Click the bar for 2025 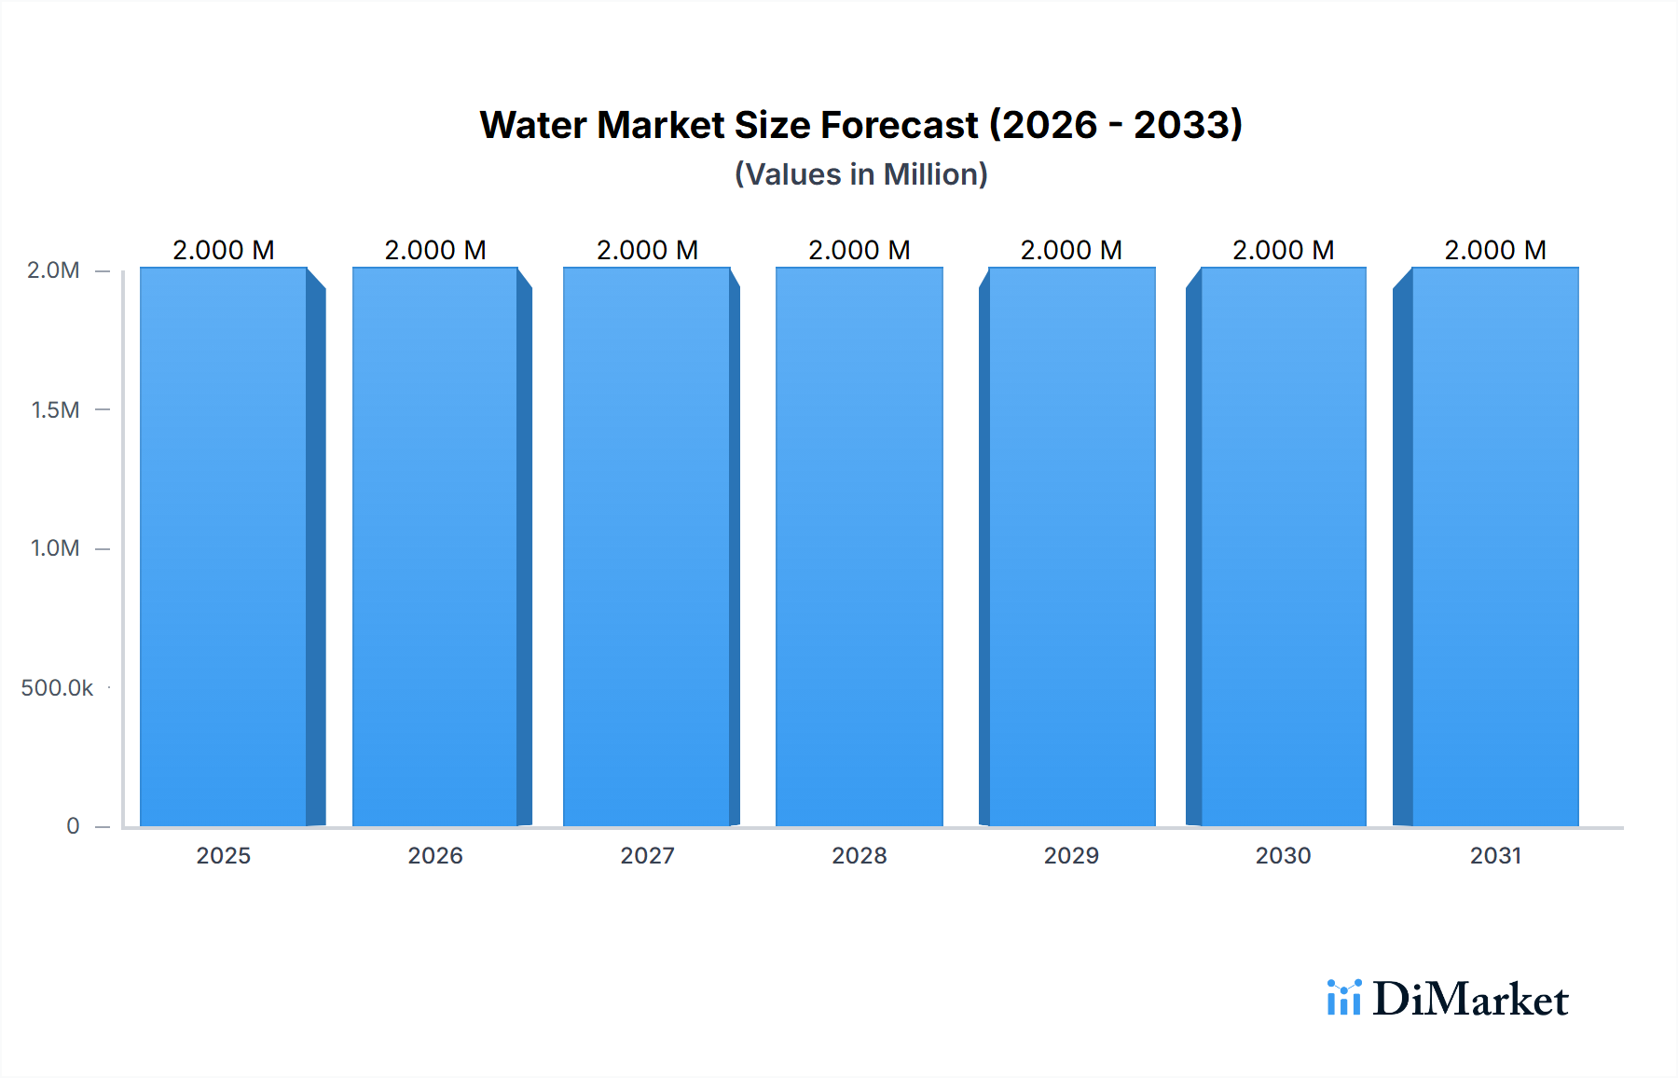[224, 546]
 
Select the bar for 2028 [859, 546]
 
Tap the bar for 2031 [1495, 546]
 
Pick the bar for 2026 [435, 546]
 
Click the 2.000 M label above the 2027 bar [647, 250]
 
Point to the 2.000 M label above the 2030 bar [1283, 250]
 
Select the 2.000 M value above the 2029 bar [1071, 250]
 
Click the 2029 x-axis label [1071, 855]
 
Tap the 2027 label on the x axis [647, 855]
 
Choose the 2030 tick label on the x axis [1283, 855]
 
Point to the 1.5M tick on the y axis [56, 409]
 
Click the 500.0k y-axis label [57, 687]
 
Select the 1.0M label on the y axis [55, 548]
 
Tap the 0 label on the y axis [73, 825]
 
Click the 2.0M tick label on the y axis [53, 270]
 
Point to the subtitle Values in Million [860, 174]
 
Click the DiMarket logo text [1470, 999]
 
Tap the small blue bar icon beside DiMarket [1343, 997]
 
